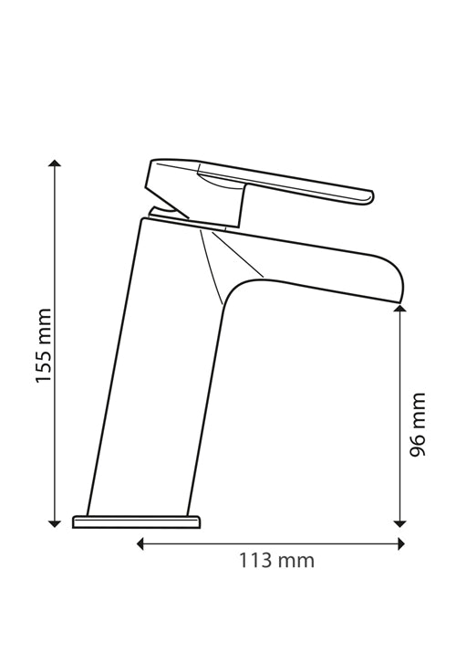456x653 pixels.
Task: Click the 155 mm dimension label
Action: point(44,345)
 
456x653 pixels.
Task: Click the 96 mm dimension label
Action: point(418,424)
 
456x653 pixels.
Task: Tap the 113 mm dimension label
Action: point(276,561)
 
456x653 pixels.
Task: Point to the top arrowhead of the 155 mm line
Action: point(55,163)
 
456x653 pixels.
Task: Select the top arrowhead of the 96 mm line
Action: point(399,308)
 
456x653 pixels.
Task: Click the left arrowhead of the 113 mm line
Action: point(140,543)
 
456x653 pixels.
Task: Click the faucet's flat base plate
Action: point(136,521)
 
